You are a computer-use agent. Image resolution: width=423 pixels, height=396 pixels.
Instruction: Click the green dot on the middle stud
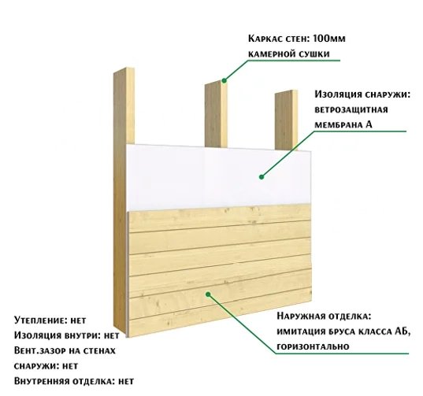coord(224,80)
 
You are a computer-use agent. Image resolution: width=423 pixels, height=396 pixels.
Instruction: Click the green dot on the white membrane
coord(262,177)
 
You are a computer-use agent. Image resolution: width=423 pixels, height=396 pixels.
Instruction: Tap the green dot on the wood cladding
coord(208,294)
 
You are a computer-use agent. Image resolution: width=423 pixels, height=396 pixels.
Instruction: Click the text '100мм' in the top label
coord(329,39)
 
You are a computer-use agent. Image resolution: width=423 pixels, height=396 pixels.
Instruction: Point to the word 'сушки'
coord(315,54)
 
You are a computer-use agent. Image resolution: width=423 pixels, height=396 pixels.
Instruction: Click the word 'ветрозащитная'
coord(351,110)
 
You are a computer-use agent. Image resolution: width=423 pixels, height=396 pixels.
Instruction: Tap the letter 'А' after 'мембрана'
coord(369,124)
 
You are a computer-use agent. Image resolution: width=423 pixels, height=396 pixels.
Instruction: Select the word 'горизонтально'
coord(314,346)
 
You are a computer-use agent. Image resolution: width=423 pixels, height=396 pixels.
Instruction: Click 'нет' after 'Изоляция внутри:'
coord(112,335)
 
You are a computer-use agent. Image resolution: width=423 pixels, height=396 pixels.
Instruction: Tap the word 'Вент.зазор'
coord(39,350)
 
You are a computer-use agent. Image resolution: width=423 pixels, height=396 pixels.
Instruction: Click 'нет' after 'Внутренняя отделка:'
coord(126,382)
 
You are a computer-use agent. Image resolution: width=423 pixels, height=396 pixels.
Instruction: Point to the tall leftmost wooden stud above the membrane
coord(124,105)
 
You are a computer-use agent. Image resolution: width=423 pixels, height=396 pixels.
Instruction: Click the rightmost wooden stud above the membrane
coord(286,120)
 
